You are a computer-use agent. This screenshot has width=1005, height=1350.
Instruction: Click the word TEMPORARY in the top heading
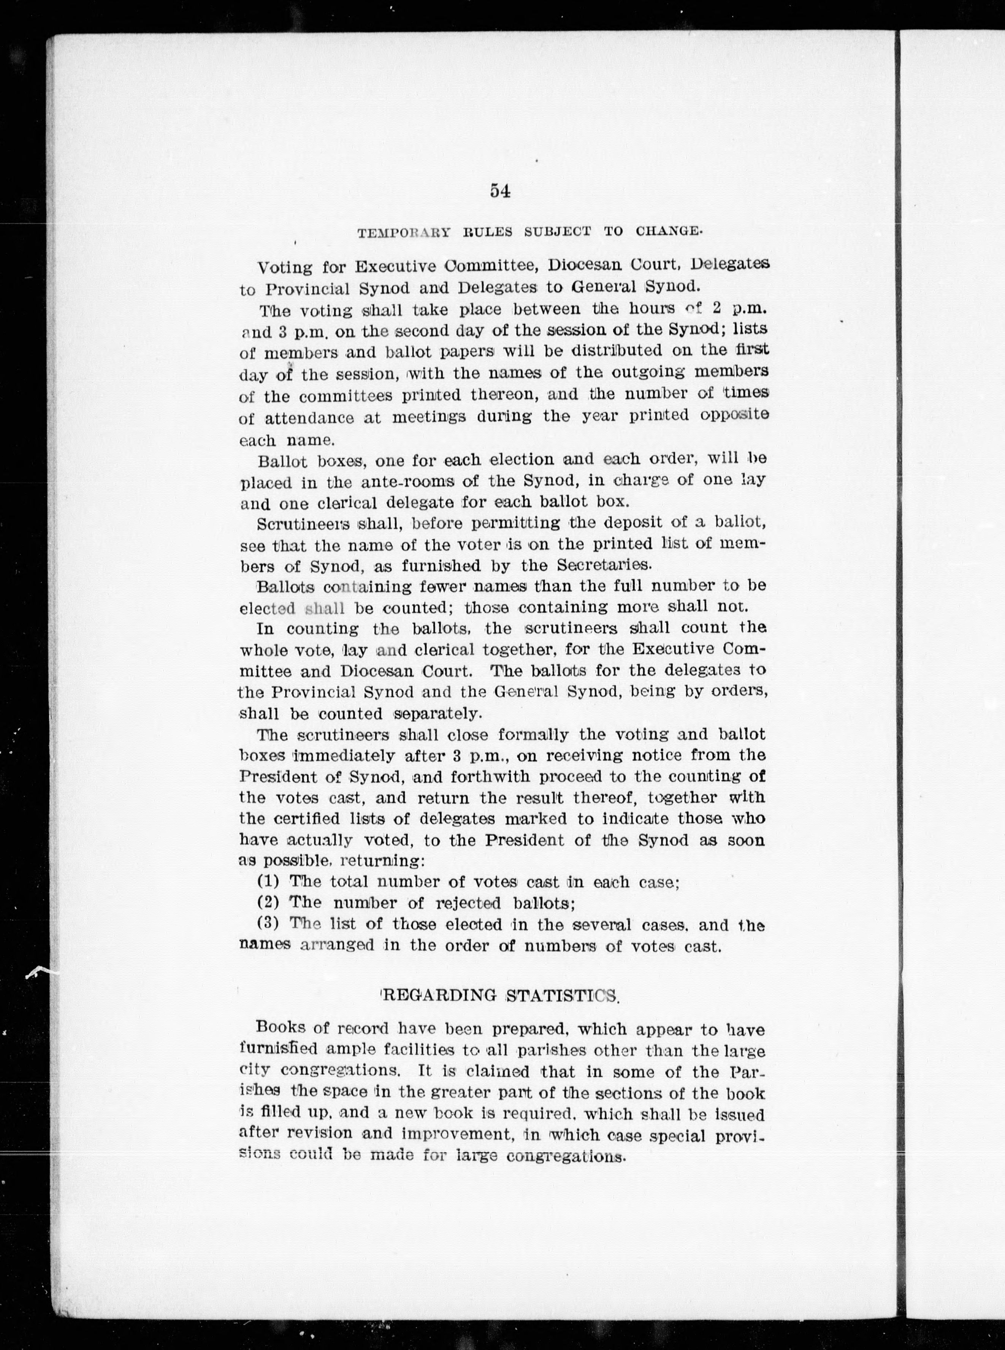coord(403,232)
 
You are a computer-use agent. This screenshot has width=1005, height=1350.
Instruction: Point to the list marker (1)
coord(268,881)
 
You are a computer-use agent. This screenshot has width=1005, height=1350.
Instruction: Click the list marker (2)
coord(268,902)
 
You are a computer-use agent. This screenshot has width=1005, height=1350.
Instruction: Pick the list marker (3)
coord(268,923)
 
